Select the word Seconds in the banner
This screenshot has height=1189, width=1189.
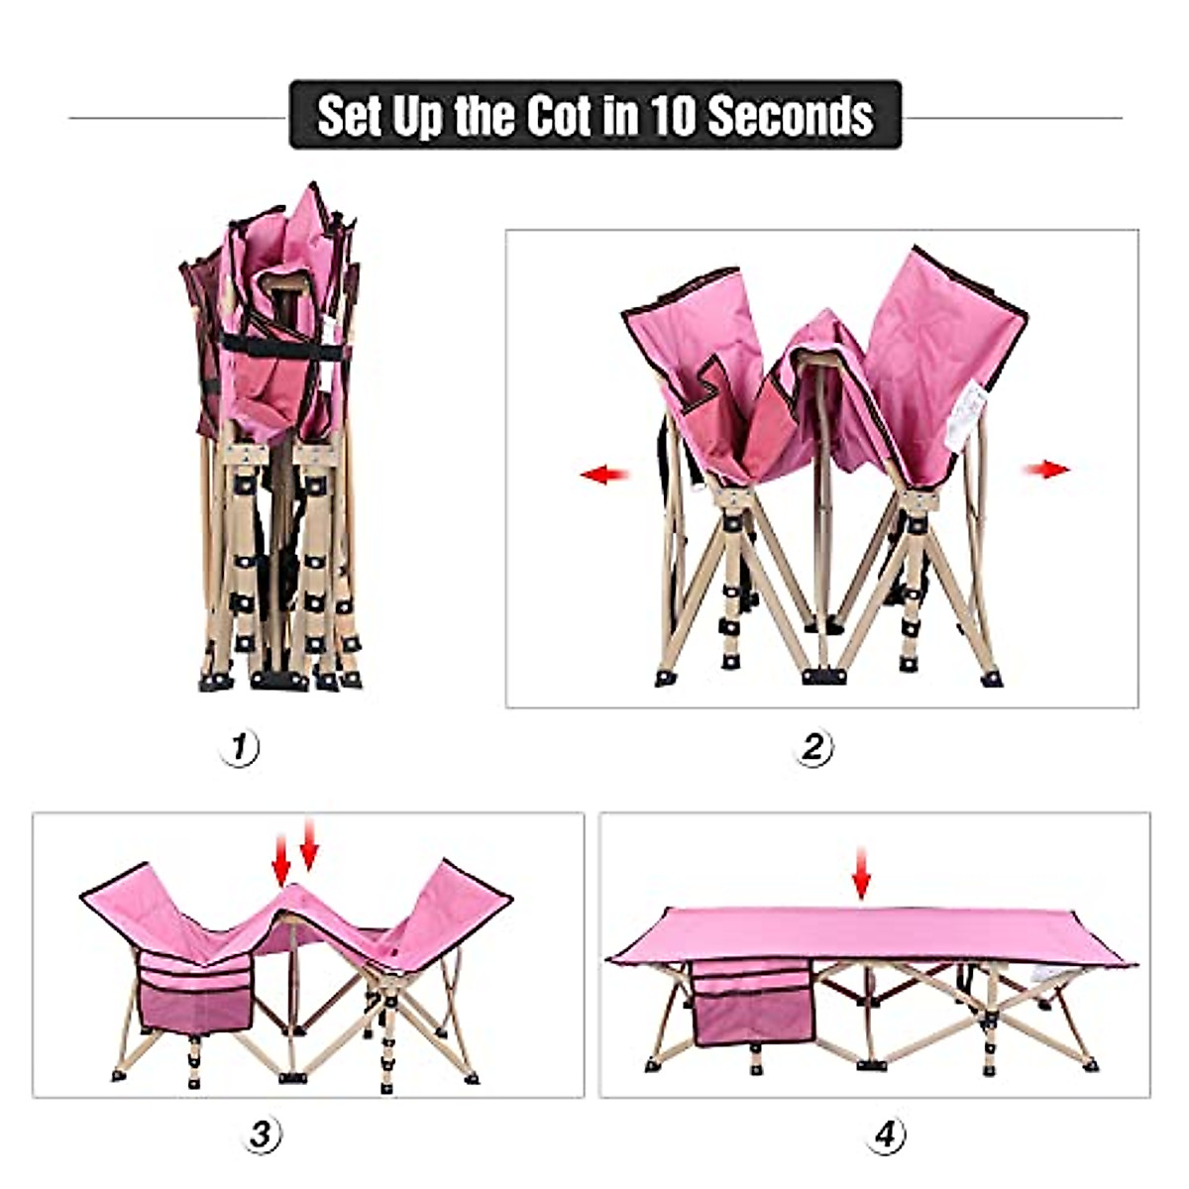(x=790, y=116)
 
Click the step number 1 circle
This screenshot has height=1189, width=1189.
(x=239, y=747)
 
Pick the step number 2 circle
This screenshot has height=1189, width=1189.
(x=812, y=747)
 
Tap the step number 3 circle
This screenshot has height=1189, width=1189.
(x=261, y=1134)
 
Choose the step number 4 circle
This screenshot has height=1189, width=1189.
(x=886, y=1134)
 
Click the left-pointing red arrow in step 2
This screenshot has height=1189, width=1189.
(x=604, y=475)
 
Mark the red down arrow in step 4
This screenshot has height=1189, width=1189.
(x=861, y=873)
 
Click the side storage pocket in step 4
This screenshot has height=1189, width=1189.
(x=752, y=1004)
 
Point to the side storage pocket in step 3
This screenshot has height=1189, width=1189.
(x=195, y=994)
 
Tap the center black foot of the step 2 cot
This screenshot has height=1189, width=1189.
(x=823, y=677)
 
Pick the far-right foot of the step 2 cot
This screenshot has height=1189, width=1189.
(x=991, y=680)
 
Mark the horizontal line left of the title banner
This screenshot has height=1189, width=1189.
(x=178, y=118)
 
